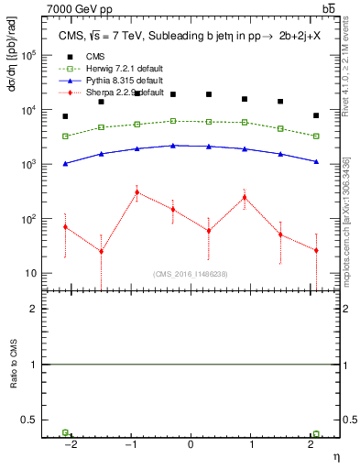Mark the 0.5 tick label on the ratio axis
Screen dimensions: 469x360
click(x=29, y=420)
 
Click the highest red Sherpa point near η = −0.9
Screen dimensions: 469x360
click(x=136, y=192)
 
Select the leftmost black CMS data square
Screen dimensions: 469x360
click(x=65, y=116)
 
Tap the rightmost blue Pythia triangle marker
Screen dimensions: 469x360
click(x=316, y=162)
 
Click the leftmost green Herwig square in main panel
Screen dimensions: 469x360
click(x=65, y=136)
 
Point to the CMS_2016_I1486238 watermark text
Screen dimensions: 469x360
click(x=191, y=273)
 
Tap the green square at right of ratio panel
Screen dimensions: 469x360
click(x=316, y=434)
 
